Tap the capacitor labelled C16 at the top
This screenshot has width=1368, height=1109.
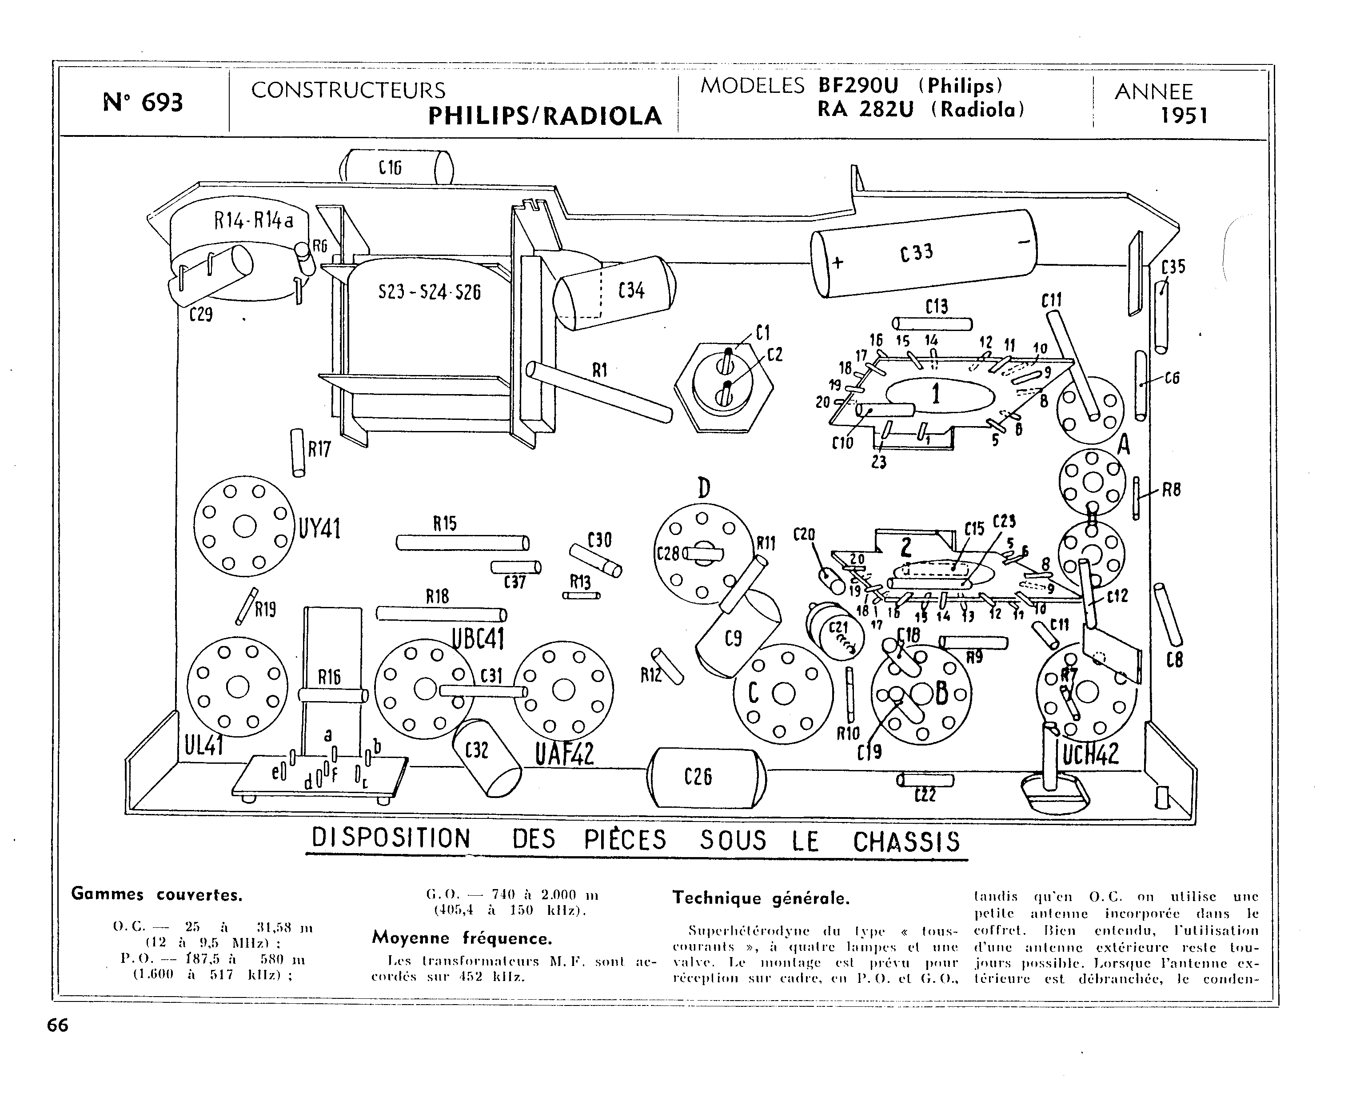tap(396, 168)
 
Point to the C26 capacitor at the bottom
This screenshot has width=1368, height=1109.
tap(706, 777)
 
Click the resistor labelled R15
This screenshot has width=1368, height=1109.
tap(462, 543)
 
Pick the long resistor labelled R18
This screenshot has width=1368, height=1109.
tap(441, 614)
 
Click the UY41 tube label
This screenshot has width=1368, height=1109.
tap(319, 529)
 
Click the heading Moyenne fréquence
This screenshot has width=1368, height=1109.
tap(462, 938)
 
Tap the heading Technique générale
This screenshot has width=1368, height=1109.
tap(761, 898)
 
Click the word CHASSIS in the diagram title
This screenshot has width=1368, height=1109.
tap(906, 842)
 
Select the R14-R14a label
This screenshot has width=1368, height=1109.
tap(254, 221)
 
